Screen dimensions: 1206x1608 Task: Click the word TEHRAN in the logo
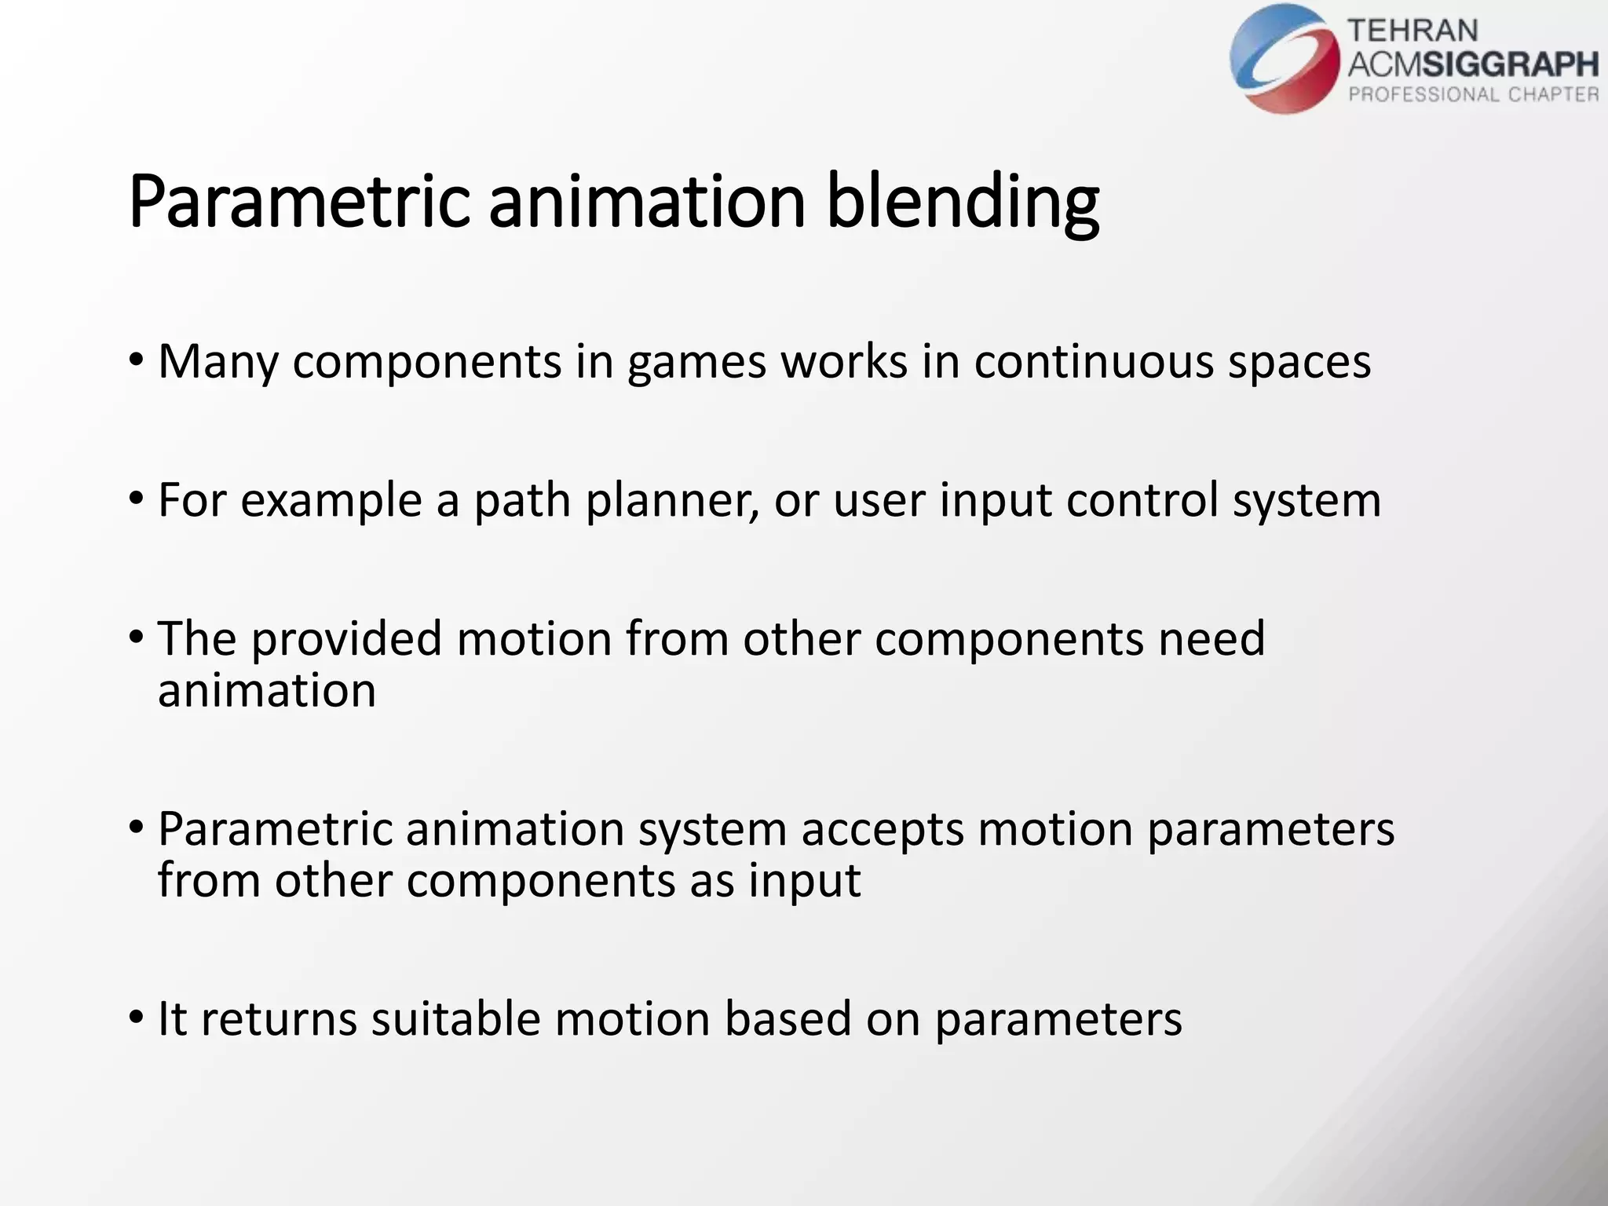pyautogui.click(x=1412, y=31)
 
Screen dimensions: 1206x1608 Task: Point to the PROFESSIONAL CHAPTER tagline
pyautogui.click(x=1473, y=95)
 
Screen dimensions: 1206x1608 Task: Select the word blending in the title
pyautogui.click(x=962, y=203)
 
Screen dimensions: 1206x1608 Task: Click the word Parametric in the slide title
pyautogui.click(x=298, y=203)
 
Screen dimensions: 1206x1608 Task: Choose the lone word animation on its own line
pyautogui.click(x=266, y=691)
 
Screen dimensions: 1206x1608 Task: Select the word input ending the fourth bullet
pyautogui.click(x=804, y=881)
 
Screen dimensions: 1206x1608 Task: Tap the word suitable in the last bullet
pyautogui.click(x=455, y=1019)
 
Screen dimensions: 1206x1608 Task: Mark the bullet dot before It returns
pyautogui.click(x=136, y=1018)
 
